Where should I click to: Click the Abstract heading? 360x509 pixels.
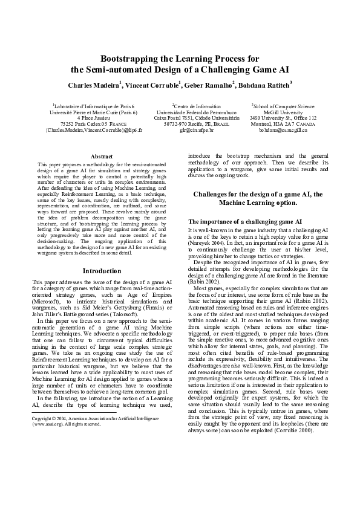click(97, 157)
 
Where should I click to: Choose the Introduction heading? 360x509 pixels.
click(97, 271)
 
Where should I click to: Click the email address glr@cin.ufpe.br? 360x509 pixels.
click(180, 130)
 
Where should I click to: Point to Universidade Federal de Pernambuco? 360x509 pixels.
click(180, 112)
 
